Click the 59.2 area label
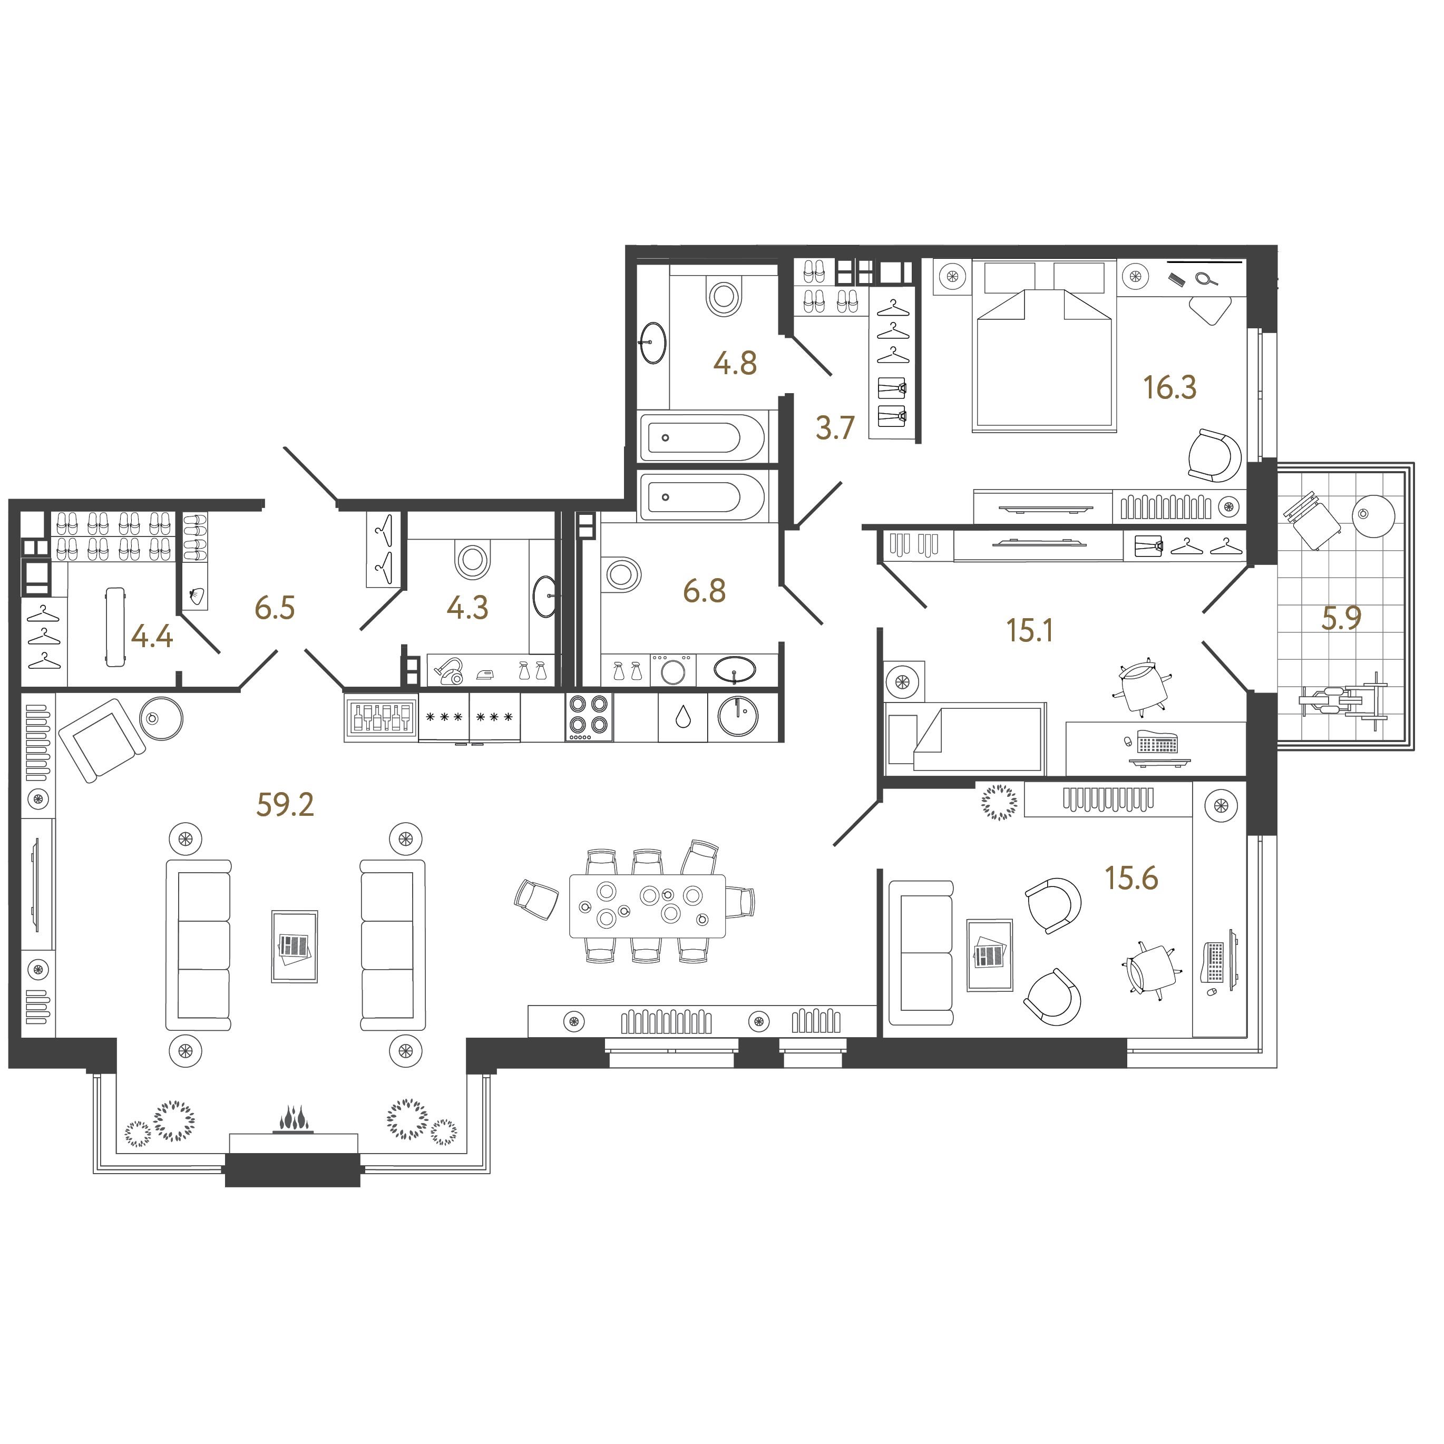click(x=285, y=805)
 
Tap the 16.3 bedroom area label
click(x=1170, y=388)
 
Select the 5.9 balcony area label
click(x=1342, y=618)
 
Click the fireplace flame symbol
click(x=294, y=1119)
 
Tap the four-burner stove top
click(x=588, y=716)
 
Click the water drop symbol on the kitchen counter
click(x=682, y=717)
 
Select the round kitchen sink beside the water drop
click(x=738, y=716)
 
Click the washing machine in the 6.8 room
click(x=672, y=670)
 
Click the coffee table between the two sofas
click(x=295, y=946)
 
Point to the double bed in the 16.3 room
click(x=1044, y=346)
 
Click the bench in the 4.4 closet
click(x=115, y=626)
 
